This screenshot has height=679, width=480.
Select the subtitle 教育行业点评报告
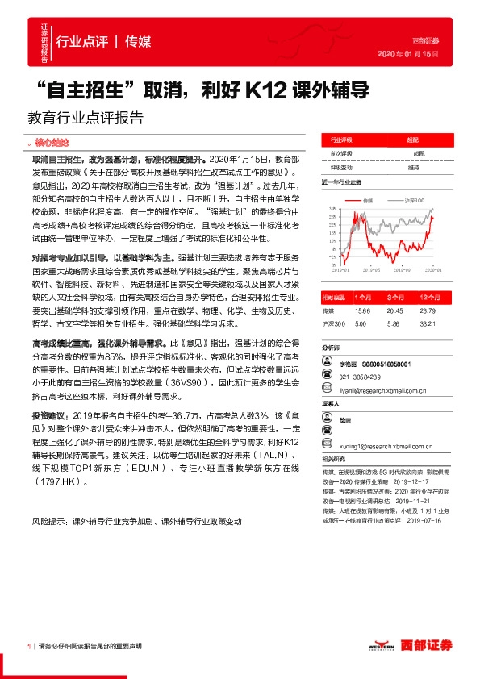[85, 116]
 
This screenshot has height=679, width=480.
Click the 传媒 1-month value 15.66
[361, 310]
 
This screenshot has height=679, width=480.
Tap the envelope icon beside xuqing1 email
[328, 444]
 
